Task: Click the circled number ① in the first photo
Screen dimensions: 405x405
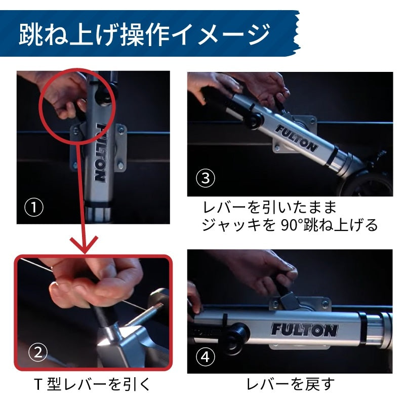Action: [34, 207]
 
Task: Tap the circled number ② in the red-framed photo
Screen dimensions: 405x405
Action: [38, 352]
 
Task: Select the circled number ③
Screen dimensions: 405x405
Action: [206, 178]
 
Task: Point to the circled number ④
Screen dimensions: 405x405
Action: [206, 357]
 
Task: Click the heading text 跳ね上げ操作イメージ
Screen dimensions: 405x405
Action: [145, 34]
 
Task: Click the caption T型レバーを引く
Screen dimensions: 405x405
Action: [92, 384]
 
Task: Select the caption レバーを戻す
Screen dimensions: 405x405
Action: [290, 384]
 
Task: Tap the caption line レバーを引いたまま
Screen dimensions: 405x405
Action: [269, 207]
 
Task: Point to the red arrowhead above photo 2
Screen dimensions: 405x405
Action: [84, 245]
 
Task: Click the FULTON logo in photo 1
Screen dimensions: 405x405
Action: [100, 152]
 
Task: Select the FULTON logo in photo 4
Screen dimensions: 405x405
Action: [304, 330]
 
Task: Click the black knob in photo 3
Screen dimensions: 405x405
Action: [255, 119]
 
